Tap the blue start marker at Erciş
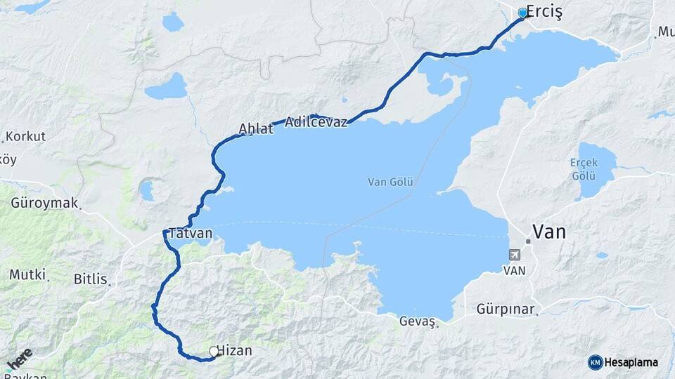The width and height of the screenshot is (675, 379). pos(522,13)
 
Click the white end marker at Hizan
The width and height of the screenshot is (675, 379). pos(214,351)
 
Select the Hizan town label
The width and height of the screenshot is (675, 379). pos(235,350)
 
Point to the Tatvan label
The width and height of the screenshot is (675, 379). pos(191,233)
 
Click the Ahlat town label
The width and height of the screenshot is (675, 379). pos(256,128)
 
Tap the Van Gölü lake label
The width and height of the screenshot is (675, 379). pos(390,182)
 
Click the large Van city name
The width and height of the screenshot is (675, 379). pos(549,232)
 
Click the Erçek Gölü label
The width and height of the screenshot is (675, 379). pos(584,168)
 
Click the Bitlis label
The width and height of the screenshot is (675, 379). pos(91,279)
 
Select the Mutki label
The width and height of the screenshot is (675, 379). pos(27,274)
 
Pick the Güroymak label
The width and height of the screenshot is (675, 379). pos(44,204)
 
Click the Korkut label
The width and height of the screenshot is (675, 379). pos(25,135)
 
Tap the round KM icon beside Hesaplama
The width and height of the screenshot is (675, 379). pos(595,362)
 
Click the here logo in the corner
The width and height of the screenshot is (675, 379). pos(19,359)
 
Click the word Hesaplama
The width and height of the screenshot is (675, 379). pos(631,362)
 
